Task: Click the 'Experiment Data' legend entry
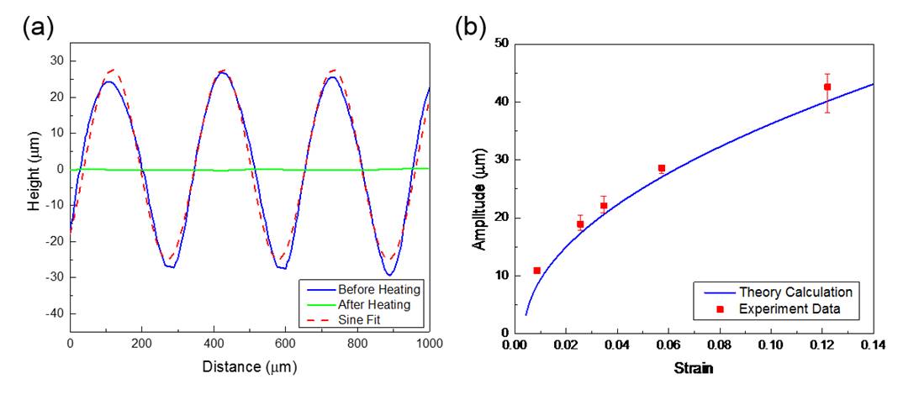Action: pyautogui.click(x=790, y=309)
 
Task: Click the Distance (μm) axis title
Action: pyautogui.click(x=250, y=367)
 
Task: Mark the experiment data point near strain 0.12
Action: pyautogui.click(x=827, y=87)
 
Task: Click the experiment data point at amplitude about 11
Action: pyautogui.click(x=536, y=271)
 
